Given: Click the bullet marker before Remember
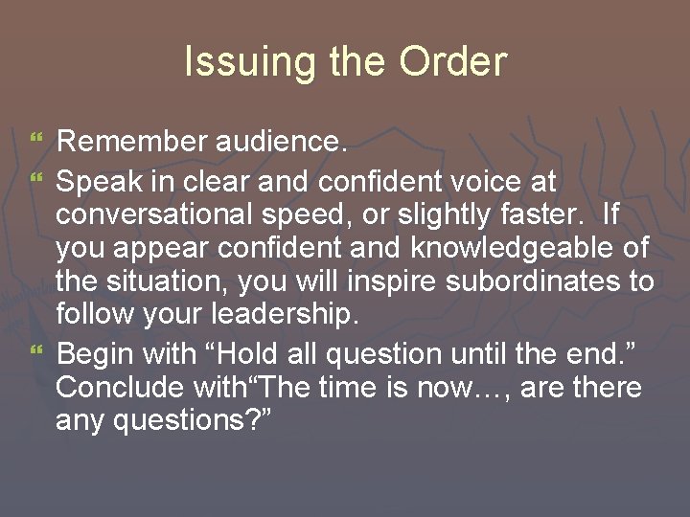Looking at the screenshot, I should [x=37, y=145].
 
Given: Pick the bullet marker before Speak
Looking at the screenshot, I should [x=37, y=179].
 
